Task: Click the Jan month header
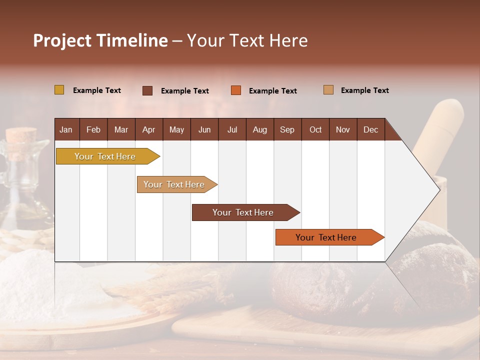click(x=66, y=129)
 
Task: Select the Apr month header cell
click(x=149, y=129)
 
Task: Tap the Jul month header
click(x=232, y=129)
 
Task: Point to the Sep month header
click(x=287, y=129)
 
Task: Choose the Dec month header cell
click(x=370, y=129)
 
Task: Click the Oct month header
click(x=315, y=129)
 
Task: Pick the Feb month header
click(x=93, y=129)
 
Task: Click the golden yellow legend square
click(x=59, y=90)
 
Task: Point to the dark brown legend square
click(x=147, y=90)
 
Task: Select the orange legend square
click(x=236, y=90)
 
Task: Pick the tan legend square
click(x=328, y=90)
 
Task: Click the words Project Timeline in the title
click(x=100, y=40)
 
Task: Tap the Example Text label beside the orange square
click(x=273, y=91)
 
